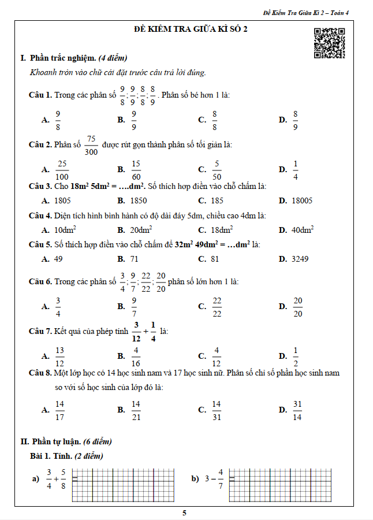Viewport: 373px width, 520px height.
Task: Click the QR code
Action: click(x=329, y=43)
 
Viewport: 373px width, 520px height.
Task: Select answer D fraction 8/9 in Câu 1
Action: click(x=295, y=120)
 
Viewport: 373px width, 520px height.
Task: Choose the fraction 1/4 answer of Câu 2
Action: click(x=295, y=170)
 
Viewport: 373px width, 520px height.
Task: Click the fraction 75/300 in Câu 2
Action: click(x=91, y=146)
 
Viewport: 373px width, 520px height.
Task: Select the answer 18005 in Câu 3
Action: click(x=302, y=200)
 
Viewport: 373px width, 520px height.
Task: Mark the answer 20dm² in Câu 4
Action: click(x=141, y=230)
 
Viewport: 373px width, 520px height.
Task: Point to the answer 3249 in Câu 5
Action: click(x=300, y=259)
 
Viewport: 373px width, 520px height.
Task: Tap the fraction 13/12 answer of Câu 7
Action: click(x=60, y=356)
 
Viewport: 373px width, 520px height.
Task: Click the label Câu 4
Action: click(x=40, y=216)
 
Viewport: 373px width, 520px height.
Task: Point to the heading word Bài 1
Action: click(x=42, y=456)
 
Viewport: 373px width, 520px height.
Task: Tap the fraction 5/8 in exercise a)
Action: click(x=64, y=479)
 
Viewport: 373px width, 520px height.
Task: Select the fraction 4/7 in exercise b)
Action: click(x=221, y=479)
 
